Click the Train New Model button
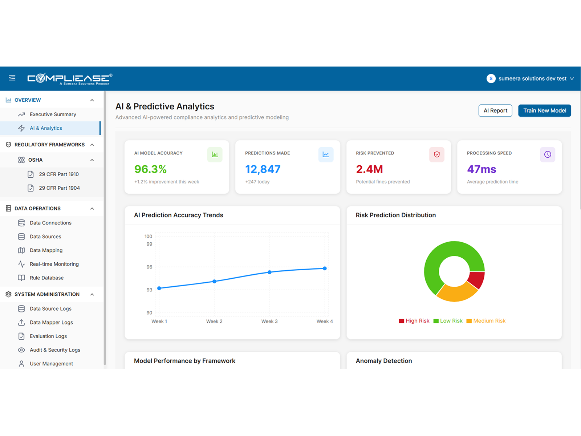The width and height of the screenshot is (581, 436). pos(544,110)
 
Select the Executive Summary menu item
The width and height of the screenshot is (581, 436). pos(53,114)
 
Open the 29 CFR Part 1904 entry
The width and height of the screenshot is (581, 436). pos(59,188)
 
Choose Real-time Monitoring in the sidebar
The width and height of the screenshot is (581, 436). pos(54,264)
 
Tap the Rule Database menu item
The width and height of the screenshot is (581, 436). pos(46,278)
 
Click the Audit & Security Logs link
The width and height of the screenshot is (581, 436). pos(55,350)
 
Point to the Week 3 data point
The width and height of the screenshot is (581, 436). pos(269,272)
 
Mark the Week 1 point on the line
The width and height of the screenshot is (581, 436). pos(159,288)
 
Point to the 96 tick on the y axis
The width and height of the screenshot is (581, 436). pos(149,267)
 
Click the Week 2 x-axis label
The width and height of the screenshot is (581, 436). pos(214,321)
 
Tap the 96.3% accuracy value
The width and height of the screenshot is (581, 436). pos(150,169)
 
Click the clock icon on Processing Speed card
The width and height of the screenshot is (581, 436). pos(547,154)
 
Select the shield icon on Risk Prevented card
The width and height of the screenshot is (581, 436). pos(436,154)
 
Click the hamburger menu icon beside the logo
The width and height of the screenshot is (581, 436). pos(12,78)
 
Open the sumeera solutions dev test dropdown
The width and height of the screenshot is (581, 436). pos(531,78)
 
